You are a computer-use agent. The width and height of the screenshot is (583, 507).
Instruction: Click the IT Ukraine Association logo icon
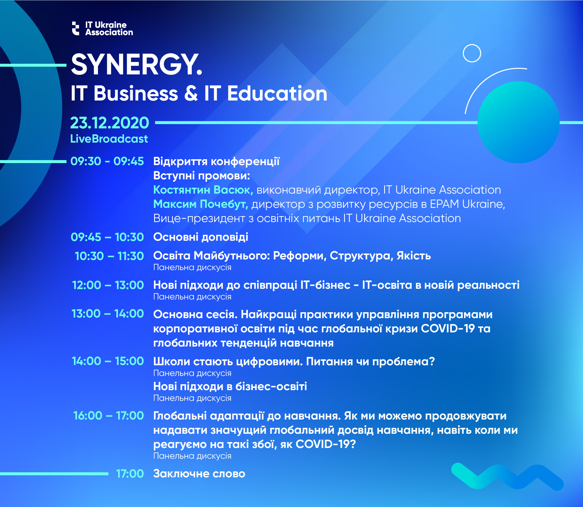(x=76, y=28)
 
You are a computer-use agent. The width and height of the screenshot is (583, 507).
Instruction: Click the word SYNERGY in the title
(x=137, y=65)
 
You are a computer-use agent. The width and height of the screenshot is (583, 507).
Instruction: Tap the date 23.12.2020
(x=110, y=123)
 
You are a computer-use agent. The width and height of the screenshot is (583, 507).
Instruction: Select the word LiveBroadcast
(x=109, y=139)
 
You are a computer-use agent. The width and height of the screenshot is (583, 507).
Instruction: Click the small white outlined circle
(x=472, y=53)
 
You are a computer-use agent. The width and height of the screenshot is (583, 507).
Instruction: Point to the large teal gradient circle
(x=519, y=122)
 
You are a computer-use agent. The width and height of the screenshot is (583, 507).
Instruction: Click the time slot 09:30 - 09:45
(x=107, y=161)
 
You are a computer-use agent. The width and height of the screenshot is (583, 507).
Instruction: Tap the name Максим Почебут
(x=201, y=204)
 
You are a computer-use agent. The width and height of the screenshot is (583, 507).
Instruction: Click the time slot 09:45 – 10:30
(x=107, y=237)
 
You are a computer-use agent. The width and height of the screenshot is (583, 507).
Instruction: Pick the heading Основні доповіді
(x=201, y=237)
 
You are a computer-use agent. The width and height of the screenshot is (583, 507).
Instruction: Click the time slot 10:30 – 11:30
(x=109, y=256)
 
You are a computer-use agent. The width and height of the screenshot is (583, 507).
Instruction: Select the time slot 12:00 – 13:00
(x=108, y=285)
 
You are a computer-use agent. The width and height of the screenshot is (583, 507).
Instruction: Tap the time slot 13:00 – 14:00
(x=108, y=314)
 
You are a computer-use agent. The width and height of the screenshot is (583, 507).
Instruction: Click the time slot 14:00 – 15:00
(x=108, y=361)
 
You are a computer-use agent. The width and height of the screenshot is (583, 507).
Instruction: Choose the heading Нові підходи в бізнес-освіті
(x=230, y=386)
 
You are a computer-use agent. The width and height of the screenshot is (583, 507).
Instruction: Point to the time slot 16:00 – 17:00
(x=109, y=416)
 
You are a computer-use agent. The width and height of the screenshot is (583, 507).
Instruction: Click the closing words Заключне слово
(x=199, y=474)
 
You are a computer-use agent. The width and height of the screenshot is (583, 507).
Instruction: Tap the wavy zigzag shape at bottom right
(x=508, y=476)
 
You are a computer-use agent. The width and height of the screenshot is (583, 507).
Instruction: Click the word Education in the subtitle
(x=277, y=93)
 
